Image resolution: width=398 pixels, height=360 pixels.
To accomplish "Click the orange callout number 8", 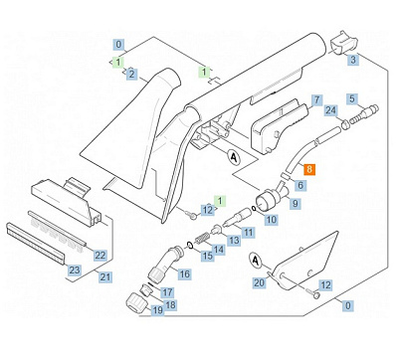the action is point(309,170).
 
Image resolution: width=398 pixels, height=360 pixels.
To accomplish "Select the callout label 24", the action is point(330,110).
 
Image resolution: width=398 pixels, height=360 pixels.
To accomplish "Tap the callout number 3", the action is point(353,60).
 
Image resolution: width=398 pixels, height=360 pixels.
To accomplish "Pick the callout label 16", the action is point(184,273).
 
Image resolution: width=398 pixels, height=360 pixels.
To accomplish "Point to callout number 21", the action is point(105,276).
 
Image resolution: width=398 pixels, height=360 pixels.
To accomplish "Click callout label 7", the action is point(317,99).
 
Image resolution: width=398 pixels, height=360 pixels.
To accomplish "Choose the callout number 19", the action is point(157,310).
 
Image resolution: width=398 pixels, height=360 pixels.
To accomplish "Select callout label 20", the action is point(259,282).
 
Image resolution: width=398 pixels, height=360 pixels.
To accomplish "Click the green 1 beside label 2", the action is point(118,62).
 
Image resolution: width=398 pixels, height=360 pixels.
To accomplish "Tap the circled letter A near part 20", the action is point(256,261).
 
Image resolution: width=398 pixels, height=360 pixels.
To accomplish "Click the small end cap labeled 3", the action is point(343,42).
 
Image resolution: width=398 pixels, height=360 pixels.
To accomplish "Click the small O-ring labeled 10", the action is point(254,209).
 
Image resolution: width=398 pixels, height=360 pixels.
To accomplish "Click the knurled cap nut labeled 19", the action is point(137,302).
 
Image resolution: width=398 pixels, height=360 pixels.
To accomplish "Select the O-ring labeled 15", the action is point(190,246).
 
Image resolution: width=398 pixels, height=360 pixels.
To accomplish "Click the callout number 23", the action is point(74,270).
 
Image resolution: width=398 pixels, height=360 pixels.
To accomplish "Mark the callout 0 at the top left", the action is point(118,44).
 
